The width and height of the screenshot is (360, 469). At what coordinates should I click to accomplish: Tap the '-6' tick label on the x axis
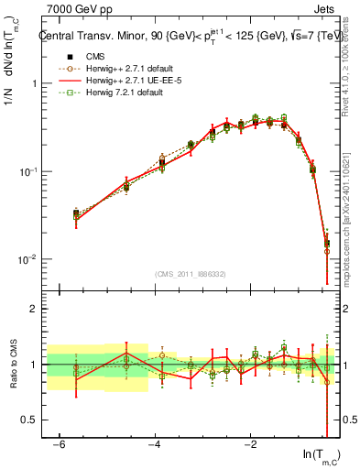(59, 443)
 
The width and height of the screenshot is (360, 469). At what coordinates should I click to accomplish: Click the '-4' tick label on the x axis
(154, 443)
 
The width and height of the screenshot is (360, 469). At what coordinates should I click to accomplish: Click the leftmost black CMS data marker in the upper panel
(76, 213)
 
